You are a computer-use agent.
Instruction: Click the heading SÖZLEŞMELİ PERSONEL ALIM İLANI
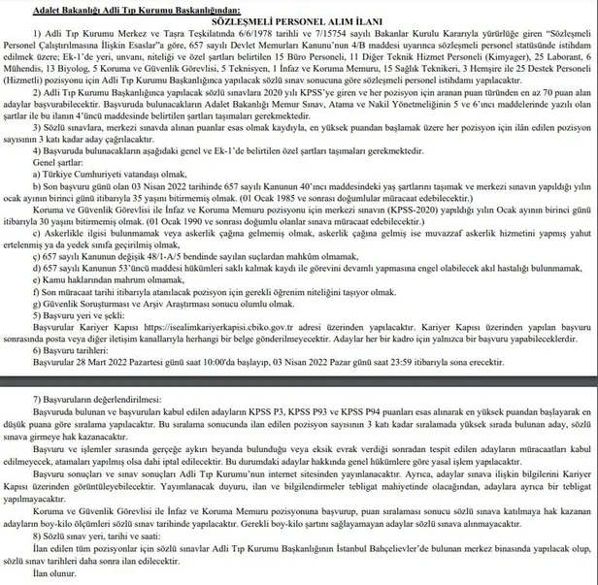pos(299,19)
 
